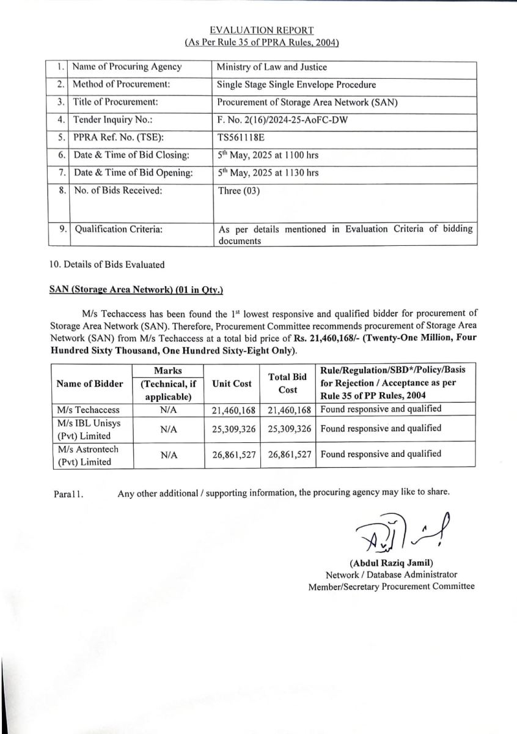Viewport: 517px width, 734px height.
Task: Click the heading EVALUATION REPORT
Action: pyautogui.click(x=262, y=30)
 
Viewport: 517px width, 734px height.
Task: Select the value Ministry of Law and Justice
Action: pyautogui.click(x=272, y=67)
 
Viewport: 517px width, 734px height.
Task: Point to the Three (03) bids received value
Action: pyautogui.click(x=239, y=191)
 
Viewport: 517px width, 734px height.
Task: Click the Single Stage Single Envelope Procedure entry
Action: pyautogui.click(x=297, y=85)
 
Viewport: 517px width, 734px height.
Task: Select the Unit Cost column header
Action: pyautogui.click(x=232, y=384)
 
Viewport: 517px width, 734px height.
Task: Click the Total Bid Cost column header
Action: pyautogui.click(x=288, y=384)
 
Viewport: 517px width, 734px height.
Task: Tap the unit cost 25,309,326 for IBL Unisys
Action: pyautogui.click(x=232, y=429)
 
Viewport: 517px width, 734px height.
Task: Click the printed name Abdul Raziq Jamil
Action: pyautogui.click(x=391, y=563)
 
